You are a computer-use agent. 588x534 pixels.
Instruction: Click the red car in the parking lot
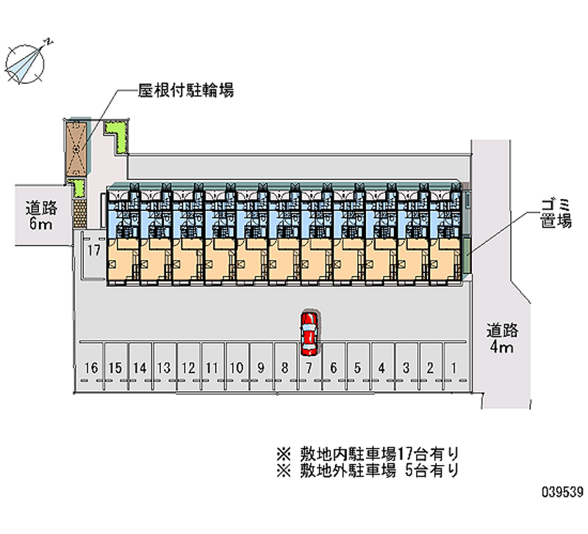309,333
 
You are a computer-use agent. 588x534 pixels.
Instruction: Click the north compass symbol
26,62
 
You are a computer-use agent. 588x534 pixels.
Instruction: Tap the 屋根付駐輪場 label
186,90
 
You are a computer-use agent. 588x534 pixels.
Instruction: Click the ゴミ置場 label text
556,214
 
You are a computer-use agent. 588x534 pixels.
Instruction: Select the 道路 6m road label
41,215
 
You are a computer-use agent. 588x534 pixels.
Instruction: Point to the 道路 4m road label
502,338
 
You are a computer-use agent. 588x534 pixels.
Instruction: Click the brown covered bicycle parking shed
76,149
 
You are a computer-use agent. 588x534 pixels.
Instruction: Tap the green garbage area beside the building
467,256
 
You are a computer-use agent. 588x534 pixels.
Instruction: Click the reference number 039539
562,491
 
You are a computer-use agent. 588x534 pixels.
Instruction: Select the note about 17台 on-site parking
368,454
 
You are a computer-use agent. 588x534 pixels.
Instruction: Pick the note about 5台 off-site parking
368,470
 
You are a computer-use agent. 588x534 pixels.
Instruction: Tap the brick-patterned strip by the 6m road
79,213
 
